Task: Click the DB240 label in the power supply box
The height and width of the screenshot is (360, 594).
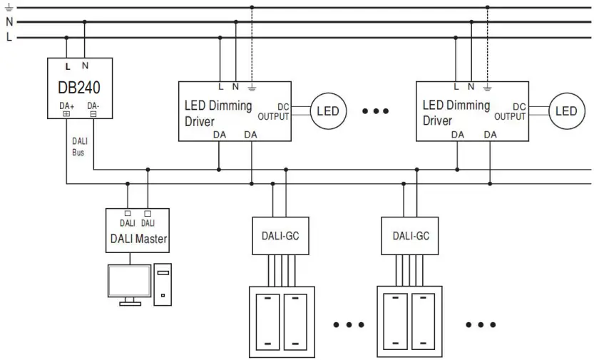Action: pyautogui.click(x=78, y=88)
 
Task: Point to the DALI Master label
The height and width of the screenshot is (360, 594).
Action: pyautogui.click(x=138, y=239)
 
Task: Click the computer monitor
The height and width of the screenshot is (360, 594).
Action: pyautogui.click(x=129, y=282)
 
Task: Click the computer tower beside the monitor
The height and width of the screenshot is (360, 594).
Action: pyautogui.click(x=163, y=284)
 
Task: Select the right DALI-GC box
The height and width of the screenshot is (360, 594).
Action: pyautogui.click(x=410, y=236)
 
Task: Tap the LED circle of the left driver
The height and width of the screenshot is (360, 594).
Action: pyautogui.click(x=327, y=111)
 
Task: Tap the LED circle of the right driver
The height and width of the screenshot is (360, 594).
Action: pyautogui.click(x=566, y=111)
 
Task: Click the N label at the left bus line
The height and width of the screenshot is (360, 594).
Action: pyautogui.click(x=9, y=22)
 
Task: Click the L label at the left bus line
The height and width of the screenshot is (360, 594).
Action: pyautogui.click(x=9, y=37)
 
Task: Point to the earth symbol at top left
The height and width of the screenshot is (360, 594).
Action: pyautogui.click(x=9, y=7)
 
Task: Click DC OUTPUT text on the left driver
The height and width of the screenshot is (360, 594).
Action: pyautogui.click(x=273, y=112)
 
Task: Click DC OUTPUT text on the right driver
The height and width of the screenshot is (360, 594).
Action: pyautogui.click(x=511, y=112)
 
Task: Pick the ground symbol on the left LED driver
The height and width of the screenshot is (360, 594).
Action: pyautogui.click(x=251, y=88)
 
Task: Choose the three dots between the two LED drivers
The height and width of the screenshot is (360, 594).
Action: pyautogui.click(x=375, y=111)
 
